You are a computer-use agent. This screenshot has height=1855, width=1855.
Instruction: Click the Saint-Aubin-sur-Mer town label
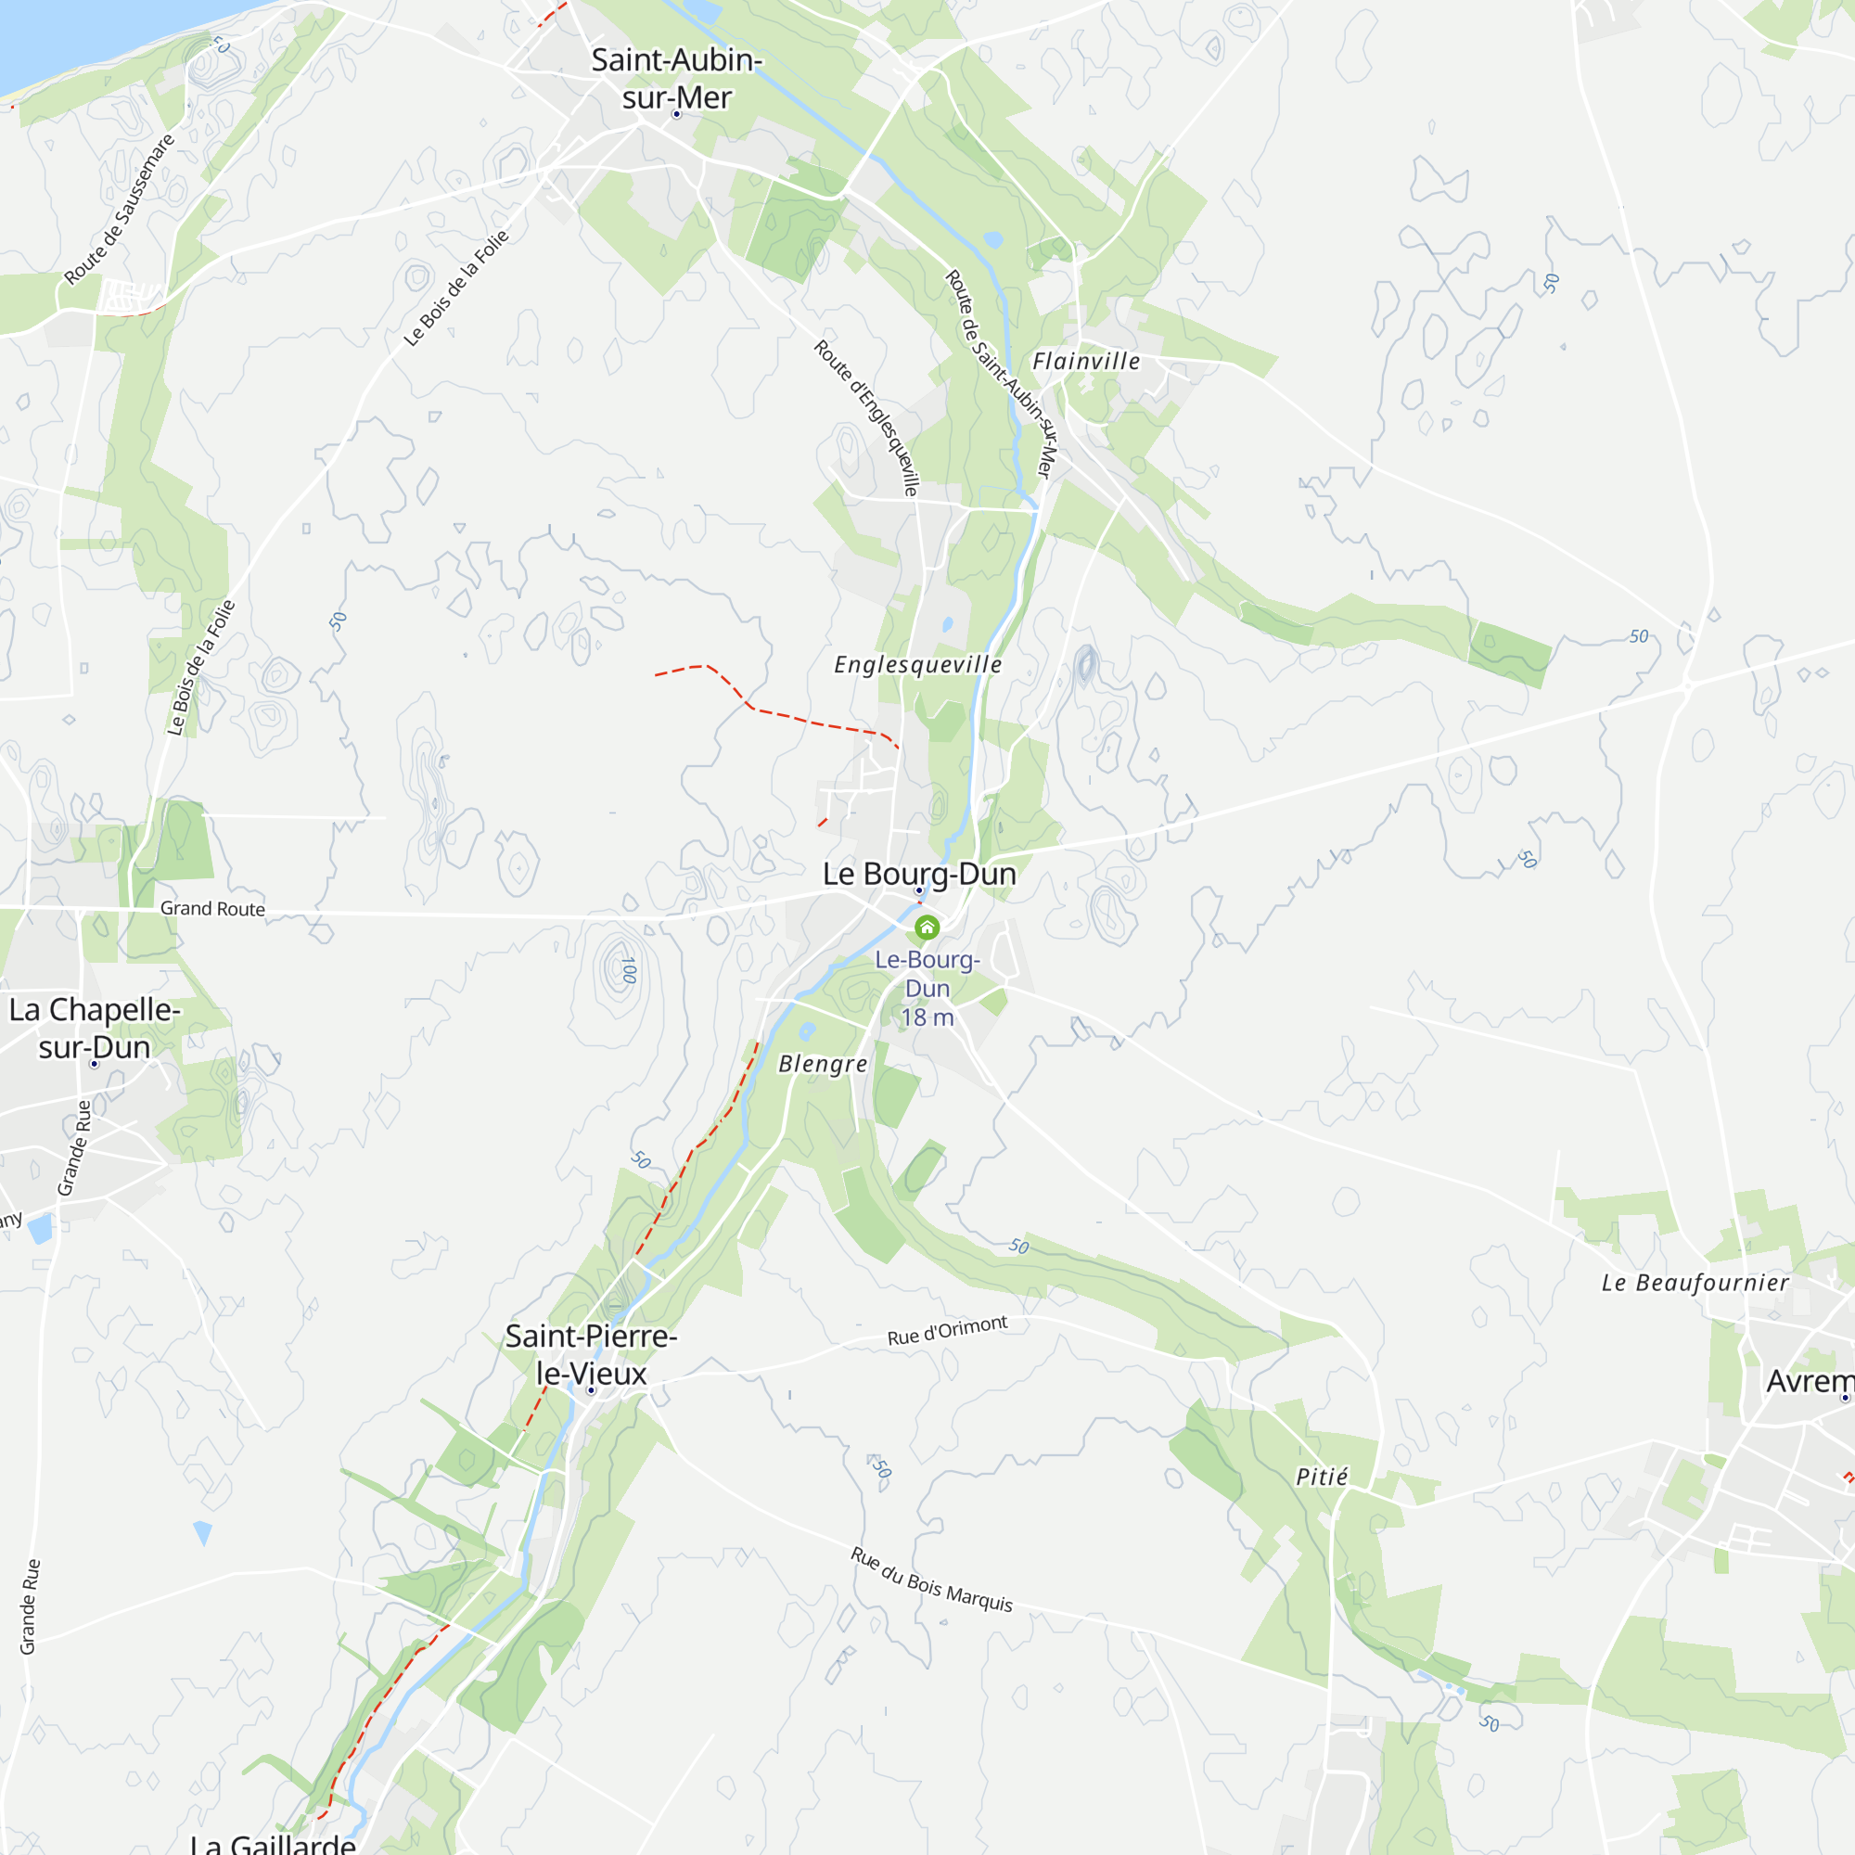click(x=676, y=78)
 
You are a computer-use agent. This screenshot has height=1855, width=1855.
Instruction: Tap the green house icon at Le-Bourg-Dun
click(x=927, y=927)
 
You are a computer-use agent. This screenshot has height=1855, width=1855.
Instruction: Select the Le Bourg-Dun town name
click(x=919, y=874)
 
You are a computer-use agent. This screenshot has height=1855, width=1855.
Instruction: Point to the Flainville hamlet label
click(x=1086, y=362)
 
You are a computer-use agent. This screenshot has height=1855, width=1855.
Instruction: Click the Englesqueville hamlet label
click(x=918, y=664)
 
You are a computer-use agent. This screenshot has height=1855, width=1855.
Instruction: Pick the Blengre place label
click(x=823, y=1064)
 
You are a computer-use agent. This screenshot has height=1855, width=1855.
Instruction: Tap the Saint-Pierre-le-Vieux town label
click(x=591, y=1354)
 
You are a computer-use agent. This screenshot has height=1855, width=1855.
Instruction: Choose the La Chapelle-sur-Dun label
click(x=94, y=1028)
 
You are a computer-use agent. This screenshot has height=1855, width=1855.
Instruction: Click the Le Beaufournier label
click(x=1695, y=1283)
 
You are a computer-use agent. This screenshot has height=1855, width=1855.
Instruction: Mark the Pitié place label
click(x=1322, y=1477)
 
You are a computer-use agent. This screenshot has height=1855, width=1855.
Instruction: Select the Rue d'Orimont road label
click(x=947, y=1331)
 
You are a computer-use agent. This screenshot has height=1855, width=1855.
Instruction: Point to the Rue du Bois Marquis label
click(x=931, y=1580)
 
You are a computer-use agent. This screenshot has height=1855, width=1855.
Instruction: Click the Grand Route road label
click(x=212, y=908)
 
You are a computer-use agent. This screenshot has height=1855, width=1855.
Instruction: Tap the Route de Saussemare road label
click(x=120, y=210)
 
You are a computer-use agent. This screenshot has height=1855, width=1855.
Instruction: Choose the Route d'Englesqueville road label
click(x=867, y=416)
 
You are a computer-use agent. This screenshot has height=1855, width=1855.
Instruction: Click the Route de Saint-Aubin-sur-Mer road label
click(x=1000, y=374)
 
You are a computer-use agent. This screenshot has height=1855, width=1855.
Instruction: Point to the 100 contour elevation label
click(x=628, y=970)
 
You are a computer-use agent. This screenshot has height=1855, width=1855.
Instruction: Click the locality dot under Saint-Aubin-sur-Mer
click(x=677, y=114)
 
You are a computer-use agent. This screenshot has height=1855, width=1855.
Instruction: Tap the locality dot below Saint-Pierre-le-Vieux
click(x=592, y=1390)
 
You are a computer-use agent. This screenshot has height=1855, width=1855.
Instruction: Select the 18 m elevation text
click(x=927, y=1017)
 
